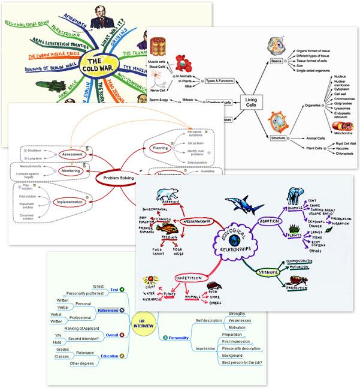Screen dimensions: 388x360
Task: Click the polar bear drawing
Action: tap(167, 197)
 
